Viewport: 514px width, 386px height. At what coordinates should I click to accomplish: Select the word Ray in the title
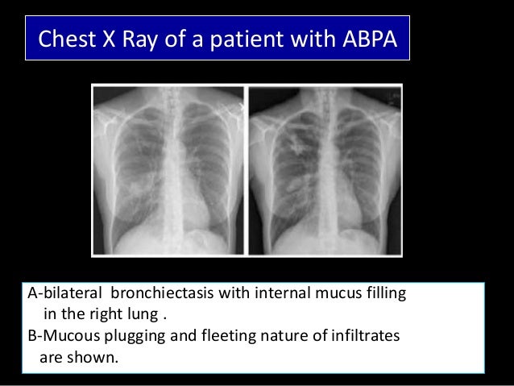[143, 38]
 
